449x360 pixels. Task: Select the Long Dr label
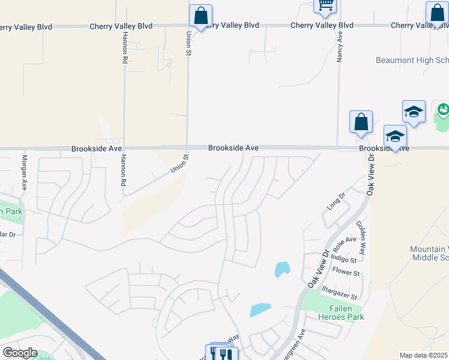337,200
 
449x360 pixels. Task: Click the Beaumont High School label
412,61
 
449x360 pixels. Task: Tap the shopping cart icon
325,5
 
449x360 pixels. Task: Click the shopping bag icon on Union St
200,16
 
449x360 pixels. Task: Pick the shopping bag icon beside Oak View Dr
361,122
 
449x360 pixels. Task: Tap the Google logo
20,353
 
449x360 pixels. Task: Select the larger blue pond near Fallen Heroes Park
259,310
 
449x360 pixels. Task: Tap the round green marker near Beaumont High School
443,109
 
